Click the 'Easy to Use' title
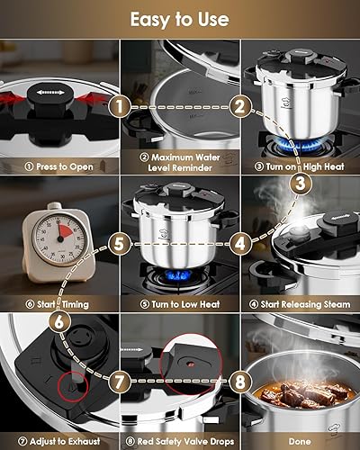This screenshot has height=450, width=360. tap(179, 18)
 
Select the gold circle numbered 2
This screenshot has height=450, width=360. tap(238, 106)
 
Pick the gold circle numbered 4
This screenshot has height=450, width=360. tap(238, 243)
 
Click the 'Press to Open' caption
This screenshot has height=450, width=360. tap(59, 166)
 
